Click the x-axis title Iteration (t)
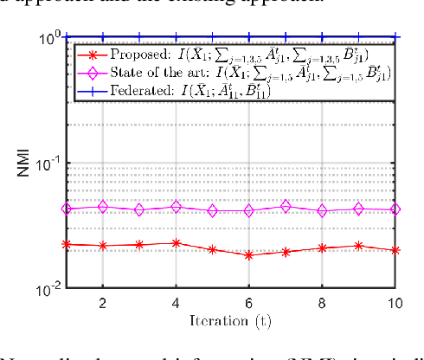coord(232,322)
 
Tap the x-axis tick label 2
coord(102,304)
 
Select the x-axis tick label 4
coord(176,304)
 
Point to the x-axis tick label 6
coord(249,304)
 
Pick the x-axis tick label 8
coord(323,304)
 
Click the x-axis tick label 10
coord(395,304)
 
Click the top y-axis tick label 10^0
coord(49,39)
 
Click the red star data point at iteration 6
coord(249,255)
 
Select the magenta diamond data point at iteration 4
coord(176,207)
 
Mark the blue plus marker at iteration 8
coord(323,37)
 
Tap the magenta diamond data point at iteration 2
coord(102,207)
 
